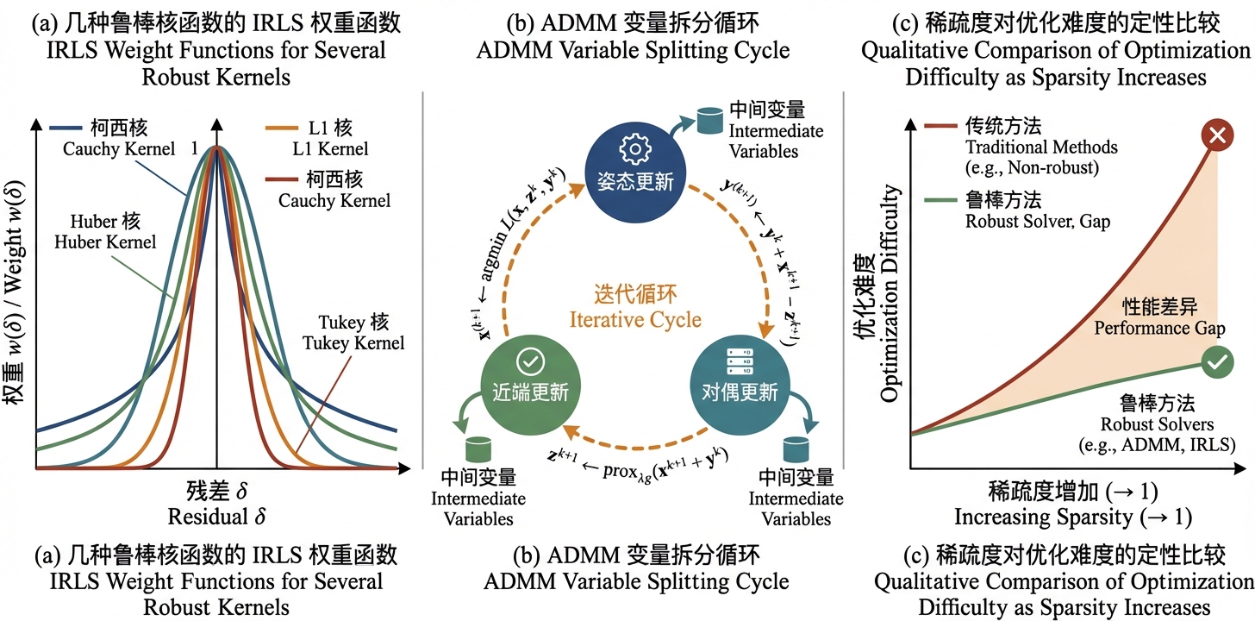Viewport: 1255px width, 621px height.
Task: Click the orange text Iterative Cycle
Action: pos(635,320)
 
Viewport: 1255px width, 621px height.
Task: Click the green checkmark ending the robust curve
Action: pos(1216,363)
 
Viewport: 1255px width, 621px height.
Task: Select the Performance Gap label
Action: pos(1160,329)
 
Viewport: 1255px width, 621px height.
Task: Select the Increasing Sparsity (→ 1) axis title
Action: pos(1072,517)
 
